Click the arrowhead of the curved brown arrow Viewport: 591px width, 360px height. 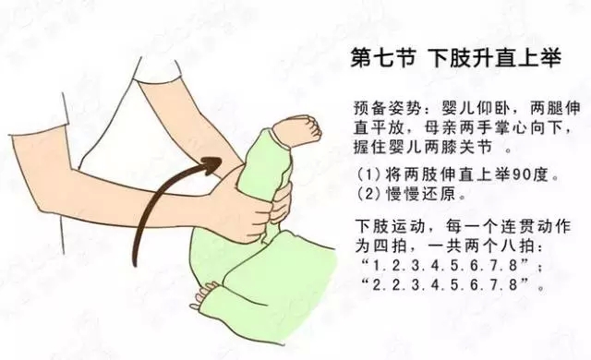[211, 164]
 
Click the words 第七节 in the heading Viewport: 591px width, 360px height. [383, 58]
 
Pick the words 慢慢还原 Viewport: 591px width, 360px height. [421, 195]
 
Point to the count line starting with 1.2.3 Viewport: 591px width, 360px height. [451, 266]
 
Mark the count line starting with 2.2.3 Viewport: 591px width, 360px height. [451, 285]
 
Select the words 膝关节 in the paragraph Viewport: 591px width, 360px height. [467, 148]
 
